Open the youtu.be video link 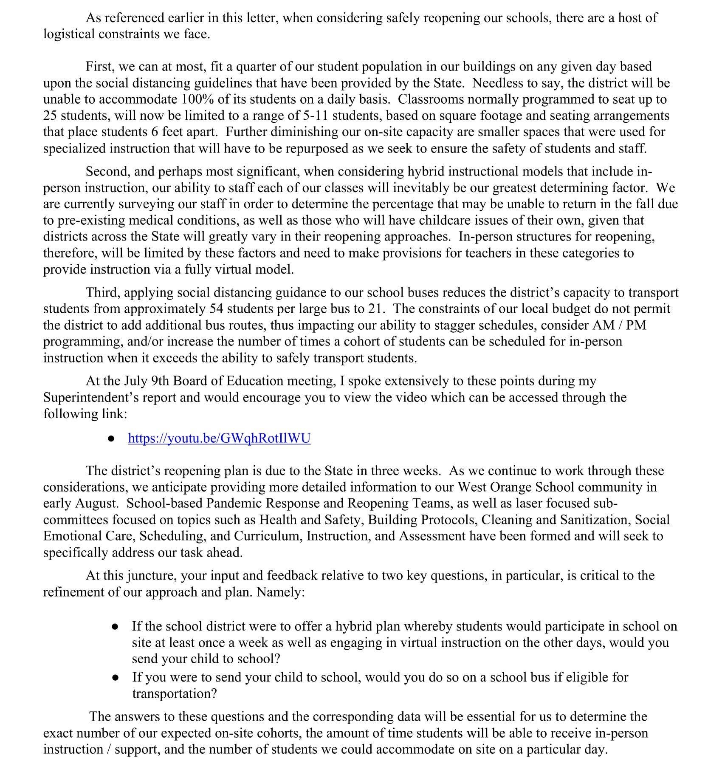click(219, 438)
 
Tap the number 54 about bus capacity click(217, 308)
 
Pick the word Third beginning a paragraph click(102, 292)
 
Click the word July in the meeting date click(135, 381)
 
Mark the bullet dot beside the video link click(111, 438)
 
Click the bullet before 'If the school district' click(115, 626)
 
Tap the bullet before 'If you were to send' click(115, 677)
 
